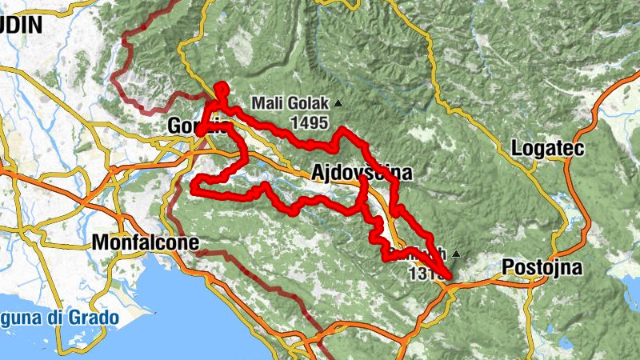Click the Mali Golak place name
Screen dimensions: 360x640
point(290,102)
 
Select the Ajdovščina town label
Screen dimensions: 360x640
point(362,173)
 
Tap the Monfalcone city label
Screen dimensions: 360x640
point(146,242)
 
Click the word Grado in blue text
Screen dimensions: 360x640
point(92,318)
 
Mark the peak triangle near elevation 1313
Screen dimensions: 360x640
point(456,254)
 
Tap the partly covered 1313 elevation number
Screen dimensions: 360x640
point(422,274)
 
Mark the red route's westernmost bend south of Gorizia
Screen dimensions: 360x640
point(193,188)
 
